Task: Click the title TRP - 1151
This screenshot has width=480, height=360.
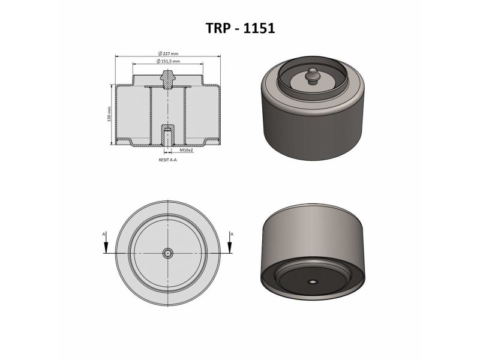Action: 241,28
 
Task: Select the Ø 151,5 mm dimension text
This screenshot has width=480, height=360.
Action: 168,61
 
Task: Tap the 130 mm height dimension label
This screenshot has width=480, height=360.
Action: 109,114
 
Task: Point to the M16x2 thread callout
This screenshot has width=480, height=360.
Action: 186,150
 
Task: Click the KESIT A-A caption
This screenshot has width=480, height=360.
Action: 168,160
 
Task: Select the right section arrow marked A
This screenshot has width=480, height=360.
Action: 230,245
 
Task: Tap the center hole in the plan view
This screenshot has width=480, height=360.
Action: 168,253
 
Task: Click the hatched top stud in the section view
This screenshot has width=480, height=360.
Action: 168,79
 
